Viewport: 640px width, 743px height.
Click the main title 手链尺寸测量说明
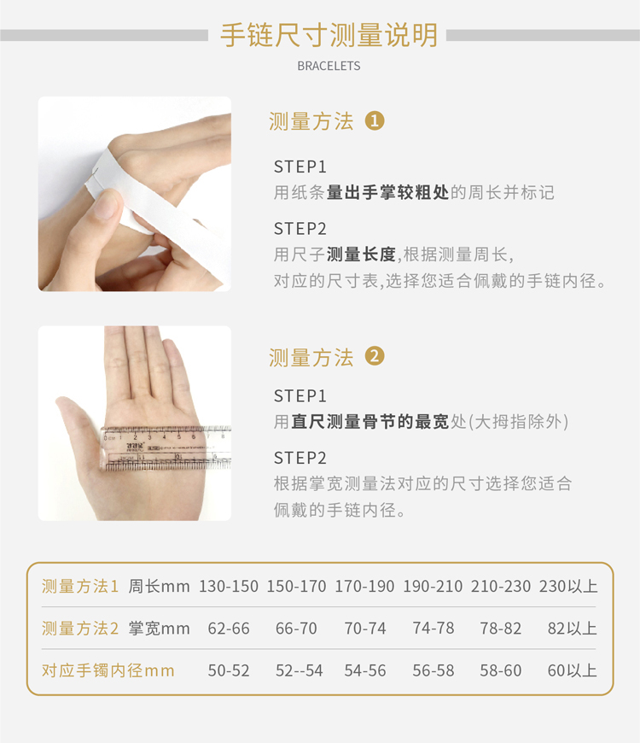click(x=329, y=35)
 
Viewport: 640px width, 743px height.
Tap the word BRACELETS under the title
click(x=329, y=66)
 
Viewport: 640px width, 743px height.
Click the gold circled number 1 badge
click(x=375, y=120)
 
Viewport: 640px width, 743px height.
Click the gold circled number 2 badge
click(x=375, y=356)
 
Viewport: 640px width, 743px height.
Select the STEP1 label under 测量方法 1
click(x=300, y=167)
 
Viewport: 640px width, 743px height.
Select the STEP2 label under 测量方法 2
click(x=300, y=459)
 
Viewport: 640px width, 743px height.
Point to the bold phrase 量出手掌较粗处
click(x=387, y=192)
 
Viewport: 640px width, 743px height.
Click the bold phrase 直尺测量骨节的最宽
click(x=370, y=421)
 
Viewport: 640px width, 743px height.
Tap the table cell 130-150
click(x=229, y=586)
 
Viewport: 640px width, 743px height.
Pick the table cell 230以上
click(x=568, y=586)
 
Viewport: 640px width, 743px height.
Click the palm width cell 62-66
click(x=229, y=629)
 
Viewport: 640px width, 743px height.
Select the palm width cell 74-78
click(x=433, y=629)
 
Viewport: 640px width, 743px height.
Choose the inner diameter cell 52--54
click(x=300, y=670)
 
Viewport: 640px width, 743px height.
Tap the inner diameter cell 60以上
click(x=573, y=670)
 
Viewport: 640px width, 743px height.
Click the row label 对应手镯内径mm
click(x=108, y=670)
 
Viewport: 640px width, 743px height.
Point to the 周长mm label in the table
click(x=159, y=586)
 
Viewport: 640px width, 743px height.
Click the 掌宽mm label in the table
click(x=159, y=629)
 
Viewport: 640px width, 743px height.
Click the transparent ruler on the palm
click(x=166, y=448)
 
